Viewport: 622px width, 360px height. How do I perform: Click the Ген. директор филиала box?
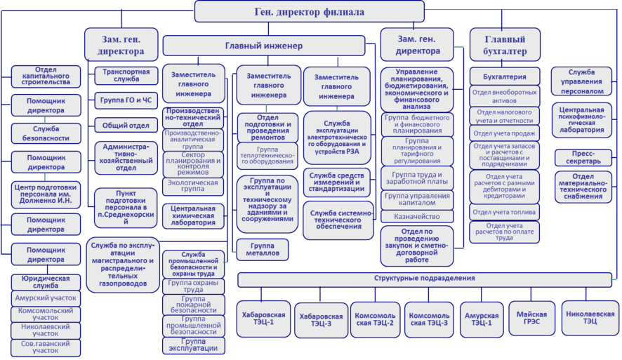309,12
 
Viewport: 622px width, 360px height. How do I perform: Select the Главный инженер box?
264,46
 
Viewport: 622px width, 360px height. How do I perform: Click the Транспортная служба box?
126,76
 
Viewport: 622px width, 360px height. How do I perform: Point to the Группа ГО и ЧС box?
126,100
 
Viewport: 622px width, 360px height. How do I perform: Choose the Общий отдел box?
126,126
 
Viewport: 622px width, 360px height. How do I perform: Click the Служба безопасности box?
46,133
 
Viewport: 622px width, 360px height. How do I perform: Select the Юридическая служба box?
46,283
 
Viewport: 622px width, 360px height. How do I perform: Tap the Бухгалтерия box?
504,76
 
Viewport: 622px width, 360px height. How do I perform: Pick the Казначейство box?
418,218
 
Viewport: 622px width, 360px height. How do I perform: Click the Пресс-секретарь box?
583,156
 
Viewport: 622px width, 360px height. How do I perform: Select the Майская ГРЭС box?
531,319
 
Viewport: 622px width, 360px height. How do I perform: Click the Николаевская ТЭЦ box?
590,318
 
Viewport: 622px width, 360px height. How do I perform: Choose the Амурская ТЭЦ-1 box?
482,320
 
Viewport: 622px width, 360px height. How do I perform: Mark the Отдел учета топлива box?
504,211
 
